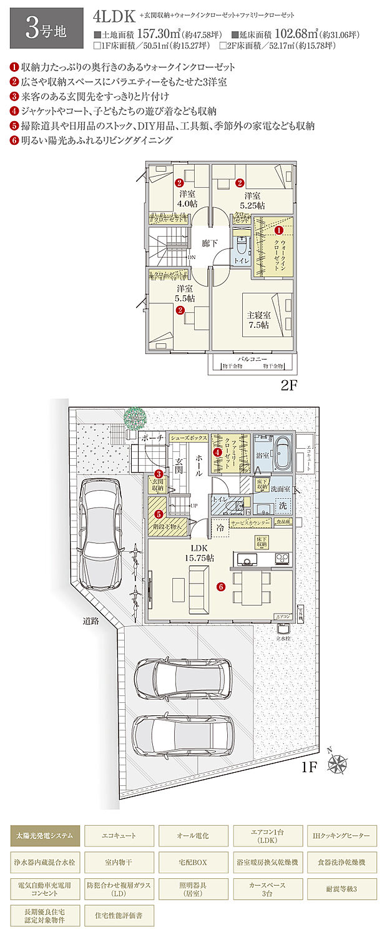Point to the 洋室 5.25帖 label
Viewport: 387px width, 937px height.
(x=252, y=200)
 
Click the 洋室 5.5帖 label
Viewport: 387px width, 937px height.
(x=184, y=293)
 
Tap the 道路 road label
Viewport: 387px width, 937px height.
(x=92, y=621)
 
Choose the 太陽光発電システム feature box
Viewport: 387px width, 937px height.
(x=45, y=835)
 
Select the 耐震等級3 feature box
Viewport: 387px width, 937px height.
(x=341, y=887)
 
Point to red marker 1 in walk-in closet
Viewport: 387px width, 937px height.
(x=278, y=230)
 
